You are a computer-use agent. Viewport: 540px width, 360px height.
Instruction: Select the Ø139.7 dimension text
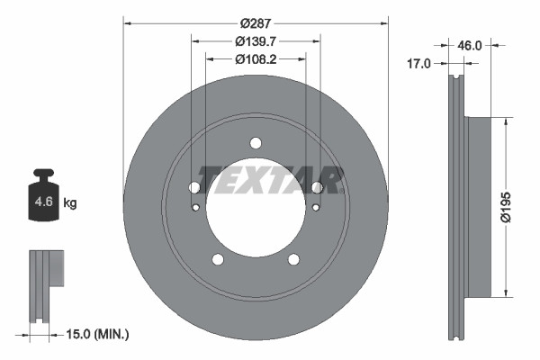pyautogui.click(x=255, y=41)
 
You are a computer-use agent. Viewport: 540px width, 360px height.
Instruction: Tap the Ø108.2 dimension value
pyautogui.click(x=255, y=59)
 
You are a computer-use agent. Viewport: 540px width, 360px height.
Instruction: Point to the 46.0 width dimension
pyautogui.click(x=470, y=43)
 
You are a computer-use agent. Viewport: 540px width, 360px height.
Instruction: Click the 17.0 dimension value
pyautogui.click(x=419, y=64)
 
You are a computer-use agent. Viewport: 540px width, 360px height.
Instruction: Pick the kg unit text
pyautogui.click(x=70, y=203)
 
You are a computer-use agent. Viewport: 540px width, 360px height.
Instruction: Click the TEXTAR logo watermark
pyautogui.click(x=270, y=180)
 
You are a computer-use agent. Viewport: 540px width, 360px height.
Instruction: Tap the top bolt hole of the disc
pyautogui.click(x=256, y=143)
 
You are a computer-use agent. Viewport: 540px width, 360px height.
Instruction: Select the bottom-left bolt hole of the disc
pyautogui.click(x=217, y=259)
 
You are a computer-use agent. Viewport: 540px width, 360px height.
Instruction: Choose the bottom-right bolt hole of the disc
pyautogui.click(x=293, y=259)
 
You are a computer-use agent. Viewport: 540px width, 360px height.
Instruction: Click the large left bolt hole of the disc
pyautogui.click(x=194, y=187)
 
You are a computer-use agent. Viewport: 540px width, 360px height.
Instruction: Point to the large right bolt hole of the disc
pyautogui.click(x=316, y=187)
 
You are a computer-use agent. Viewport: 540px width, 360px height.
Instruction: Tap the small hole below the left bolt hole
pyautogui.click(x=197, y=209)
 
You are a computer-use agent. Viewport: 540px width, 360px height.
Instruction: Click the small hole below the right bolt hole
pyautogui.click(x=314, y=209)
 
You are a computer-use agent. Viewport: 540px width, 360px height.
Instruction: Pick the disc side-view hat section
pyautogui.click(x=478, y=207)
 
